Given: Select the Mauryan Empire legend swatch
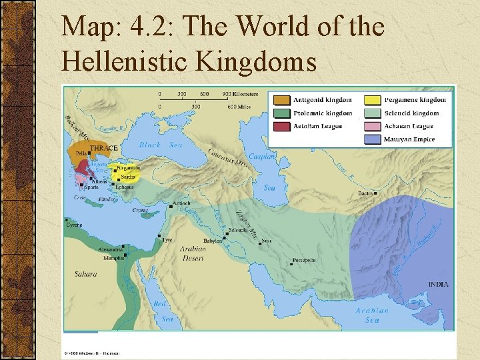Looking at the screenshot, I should (x=373, y=139).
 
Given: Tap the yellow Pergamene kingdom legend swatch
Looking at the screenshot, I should (x=373, y=100).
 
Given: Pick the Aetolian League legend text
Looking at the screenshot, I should (x=318, y=126).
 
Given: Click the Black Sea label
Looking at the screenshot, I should (x=161, y=145).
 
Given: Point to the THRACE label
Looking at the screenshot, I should (x=103, y=148).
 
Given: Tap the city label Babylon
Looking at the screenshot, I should (x=213, y=241).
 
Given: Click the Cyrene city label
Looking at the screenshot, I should (x=73, y=225).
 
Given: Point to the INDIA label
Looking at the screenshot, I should (x=439, y=284).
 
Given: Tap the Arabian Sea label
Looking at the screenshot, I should (x=372, y=315).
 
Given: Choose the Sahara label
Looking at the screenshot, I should (x=85, y=274).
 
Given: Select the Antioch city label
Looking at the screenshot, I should (x=181, y=203).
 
